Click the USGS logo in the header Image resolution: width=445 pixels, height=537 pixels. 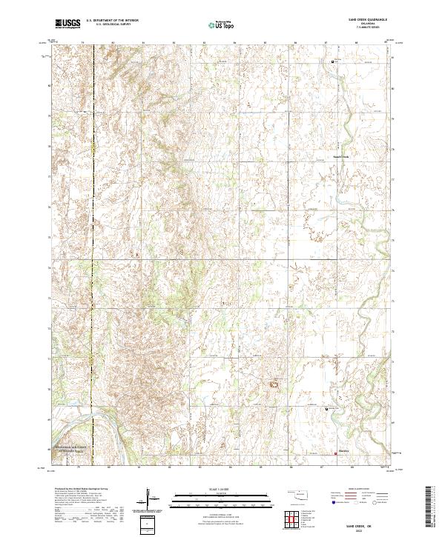coord(67,24)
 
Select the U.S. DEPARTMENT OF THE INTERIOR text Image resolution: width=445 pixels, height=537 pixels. coord(112,21)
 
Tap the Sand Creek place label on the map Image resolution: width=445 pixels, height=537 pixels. coord(340,156)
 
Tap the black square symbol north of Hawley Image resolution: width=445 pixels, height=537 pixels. coord(327,408)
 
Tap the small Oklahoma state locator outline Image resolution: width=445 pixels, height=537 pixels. coord(300,493)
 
